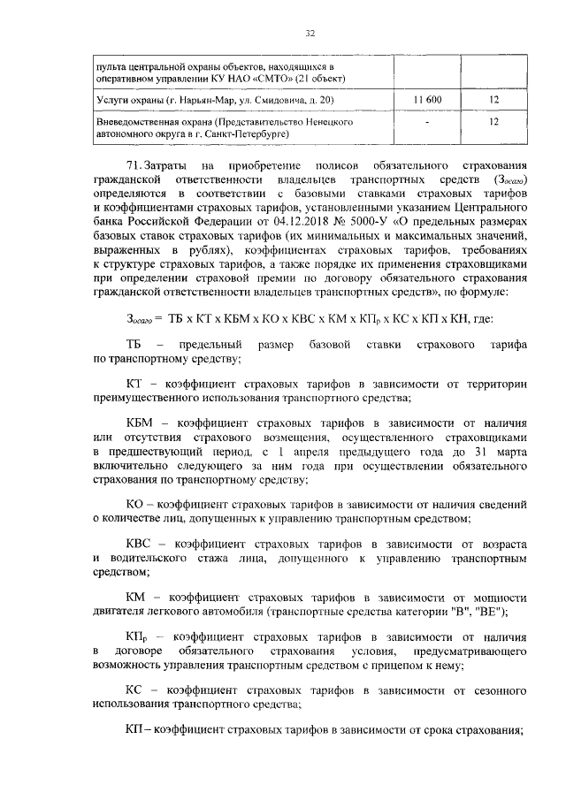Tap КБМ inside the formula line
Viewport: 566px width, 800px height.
231,319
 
